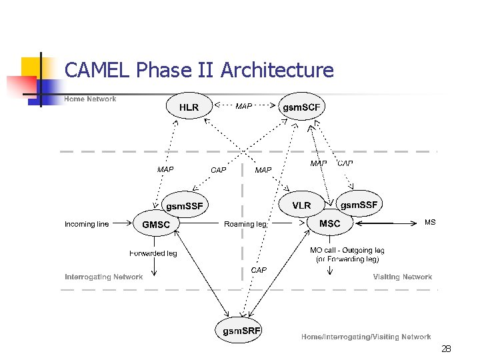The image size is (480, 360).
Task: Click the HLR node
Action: [189, 107]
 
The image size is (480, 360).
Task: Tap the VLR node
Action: [301, 205]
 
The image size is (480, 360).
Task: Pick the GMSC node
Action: [156, 225]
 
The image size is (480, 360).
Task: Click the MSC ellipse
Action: [330, 224]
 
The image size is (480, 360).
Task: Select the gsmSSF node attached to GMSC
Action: [184, 206]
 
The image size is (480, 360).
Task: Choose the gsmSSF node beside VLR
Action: [359, 204]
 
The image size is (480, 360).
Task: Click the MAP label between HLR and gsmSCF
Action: [244, 107]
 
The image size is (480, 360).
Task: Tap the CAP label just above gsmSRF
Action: [259, 270]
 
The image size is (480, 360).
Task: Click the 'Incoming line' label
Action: [87, 225]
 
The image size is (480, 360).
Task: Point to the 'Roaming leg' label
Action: [245, 225]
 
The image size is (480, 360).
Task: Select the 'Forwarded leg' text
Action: [153, 253]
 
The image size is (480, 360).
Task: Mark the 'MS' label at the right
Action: [430, 223]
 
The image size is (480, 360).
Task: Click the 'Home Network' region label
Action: [90, 99]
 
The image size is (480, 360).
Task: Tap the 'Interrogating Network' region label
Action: [103, 277]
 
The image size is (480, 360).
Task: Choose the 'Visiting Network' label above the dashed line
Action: [403, 277]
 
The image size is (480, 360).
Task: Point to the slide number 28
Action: [446, 349]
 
